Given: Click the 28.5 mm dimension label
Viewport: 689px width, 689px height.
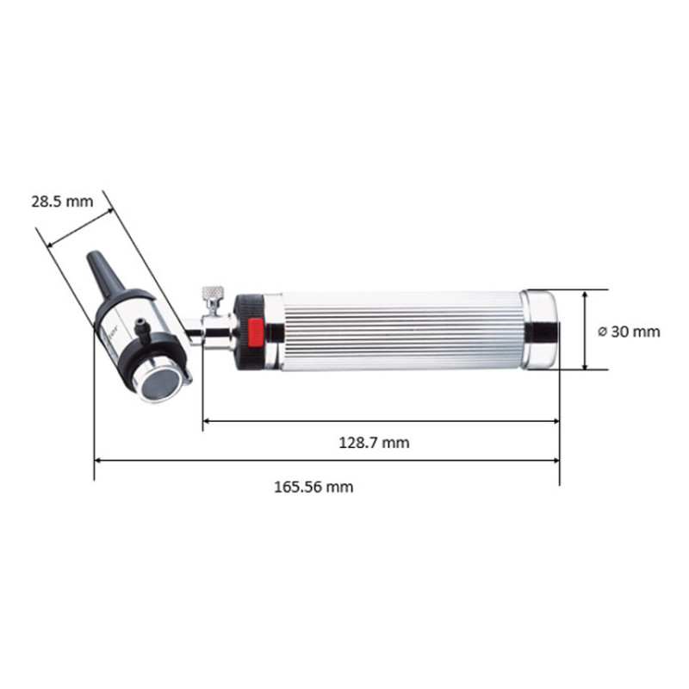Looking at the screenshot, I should (61, 202).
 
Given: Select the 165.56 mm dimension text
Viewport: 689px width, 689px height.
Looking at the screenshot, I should (313, 487).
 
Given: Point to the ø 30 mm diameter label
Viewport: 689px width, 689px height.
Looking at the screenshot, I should (628, 331).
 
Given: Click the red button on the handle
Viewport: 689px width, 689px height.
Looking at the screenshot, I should (255, 331).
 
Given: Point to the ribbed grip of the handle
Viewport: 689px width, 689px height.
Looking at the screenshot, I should (400, 331).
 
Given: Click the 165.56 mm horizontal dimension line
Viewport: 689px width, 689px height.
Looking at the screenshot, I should (327, 462).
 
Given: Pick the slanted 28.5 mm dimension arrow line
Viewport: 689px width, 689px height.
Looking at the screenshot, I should (80, 227).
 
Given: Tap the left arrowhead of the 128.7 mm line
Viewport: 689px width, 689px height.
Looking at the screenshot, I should (208, 421).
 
